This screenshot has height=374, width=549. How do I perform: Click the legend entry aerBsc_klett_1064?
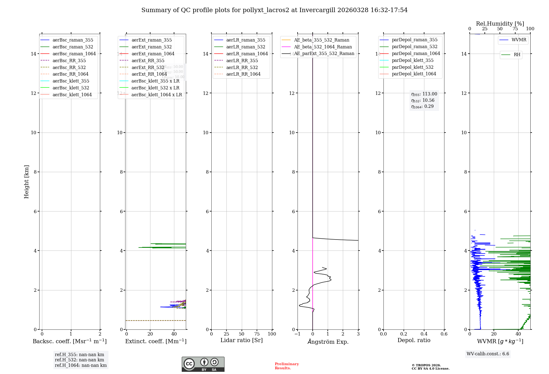[x=72, y=95]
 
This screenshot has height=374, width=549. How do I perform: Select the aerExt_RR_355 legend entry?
[x=148, y=61]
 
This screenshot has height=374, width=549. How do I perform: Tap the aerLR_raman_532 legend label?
[x=246, y=47]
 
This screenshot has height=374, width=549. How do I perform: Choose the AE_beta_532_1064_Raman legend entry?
[x=323, y=47]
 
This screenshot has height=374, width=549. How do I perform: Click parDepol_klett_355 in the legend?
[x=413, y=60]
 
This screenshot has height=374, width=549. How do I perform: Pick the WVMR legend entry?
[x=519, y=40]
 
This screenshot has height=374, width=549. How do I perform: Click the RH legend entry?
[x=517, y=54]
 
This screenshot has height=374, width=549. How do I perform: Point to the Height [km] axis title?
[x=26, y=182]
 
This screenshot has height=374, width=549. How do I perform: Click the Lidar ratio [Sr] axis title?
[x=242, y=340]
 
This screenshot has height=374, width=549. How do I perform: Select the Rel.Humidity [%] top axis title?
[x=500, y=24]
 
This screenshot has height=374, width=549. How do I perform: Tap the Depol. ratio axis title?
[x=414, y=340]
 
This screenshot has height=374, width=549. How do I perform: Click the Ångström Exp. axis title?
[x=328, y=342]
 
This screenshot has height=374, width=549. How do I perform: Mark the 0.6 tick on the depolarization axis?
[x=444, y=334]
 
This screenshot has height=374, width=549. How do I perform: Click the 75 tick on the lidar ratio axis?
[x=257, y=334]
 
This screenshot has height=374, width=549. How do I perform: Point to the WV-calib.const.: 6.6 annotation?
[x=488, y=354]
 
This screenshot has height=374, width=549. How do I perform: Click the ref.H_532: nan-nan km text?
[x=79, y=360]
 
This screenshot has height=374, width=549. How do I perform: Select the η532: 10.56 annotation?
[x=423, y=100]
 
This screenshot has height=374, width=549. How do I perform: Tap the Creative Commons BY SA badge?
[x=203, y=364]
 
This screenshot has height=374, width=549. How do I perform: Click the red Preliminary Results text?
[x=287, y=366]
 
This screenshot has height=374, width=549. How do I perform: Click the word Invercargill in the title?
[x=317, y=10]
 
